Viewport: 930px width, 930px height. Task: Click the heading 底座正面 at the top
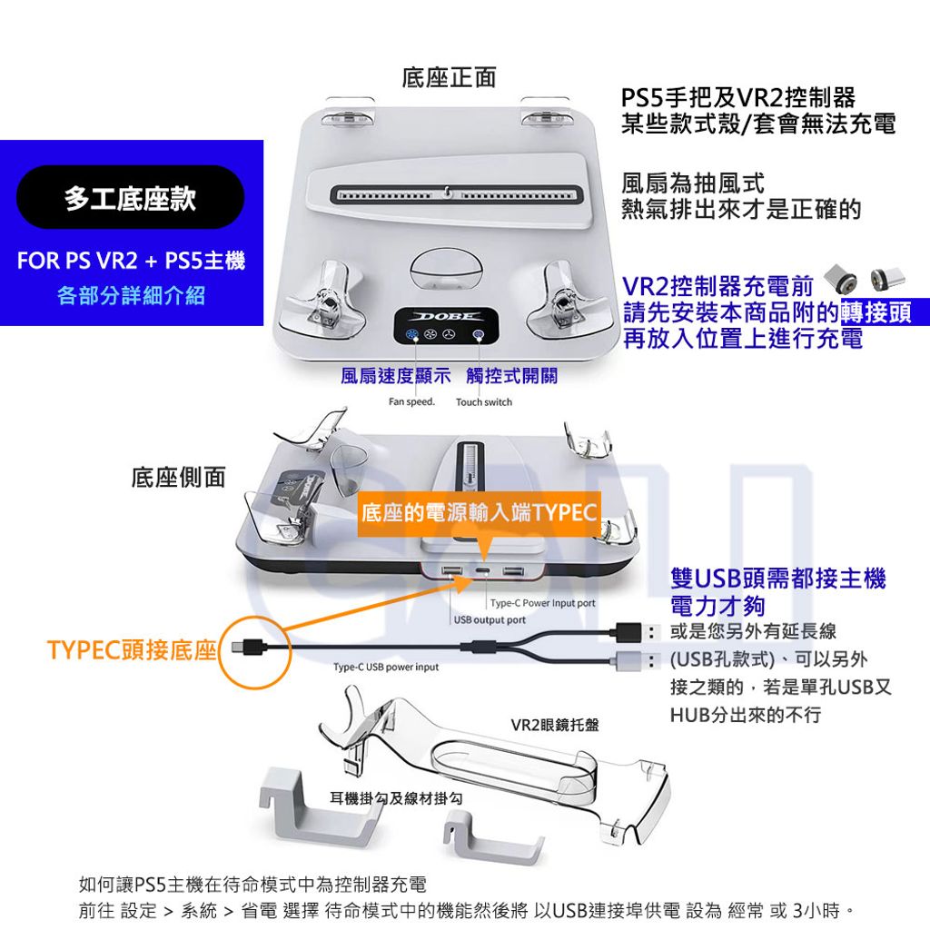449,78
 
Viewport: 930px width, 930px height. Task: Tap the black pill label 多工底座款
131,197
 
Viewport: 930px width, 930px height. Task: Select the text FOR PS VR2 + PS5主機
131,261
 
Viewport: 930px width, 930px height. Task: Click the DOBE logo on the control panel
447,317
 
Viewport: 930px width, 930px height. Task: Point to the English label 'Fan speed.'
411,401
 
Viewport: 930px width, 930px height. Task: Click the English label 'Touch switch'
484,402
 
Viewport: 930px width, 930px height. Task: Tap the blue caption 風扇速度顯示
396,375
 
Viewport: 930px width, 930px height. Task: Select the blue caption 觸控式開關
512,375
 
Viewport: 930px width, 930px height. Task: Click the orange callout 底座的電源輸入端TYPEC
480,512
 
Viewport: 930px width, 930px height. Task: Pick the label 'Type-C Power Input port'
543,603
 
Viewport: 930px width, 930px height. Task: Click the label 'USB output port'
490,619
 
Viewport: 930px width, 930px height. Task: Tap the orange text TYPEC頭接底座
132,650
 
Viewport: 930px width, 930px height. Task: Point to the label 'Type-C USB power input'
386,667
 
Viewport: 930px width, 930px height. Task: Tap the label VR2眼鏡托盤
555,725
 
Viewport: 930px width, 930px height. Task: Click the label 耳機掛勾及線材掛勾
396,798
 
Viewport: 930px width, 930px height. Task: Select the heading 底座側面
179,477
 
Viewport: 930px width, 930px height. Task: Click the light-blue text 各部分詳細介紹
131,295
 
